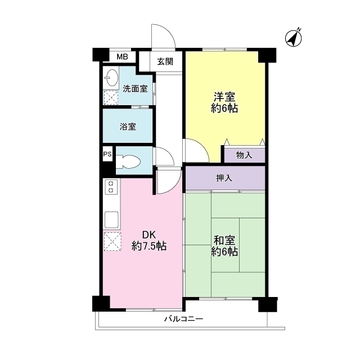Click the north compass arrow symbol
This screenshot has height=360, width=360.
pos(294,37)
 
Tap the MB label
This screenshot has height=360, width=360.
pos(122,56)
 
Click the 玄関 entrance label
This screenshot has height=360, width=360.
pos(165,61)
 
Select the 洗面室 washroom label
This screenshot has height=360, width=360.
pos(135,88)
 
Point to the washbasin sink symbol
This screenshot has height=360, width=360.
pos(111,78)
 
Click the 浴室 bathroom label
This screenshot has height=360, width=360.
pos(128,126)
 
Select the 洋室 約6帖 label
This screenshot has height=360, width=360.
pos(224,102)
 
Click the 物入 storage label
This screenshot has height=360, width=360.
pos(244,155)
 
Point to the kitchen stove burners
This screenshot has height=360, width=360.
pos(111,187)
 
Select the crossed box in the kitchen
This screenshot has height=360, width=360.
pos(112,242)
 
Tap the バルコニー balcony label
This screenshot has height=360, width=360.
pos(183,319)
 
